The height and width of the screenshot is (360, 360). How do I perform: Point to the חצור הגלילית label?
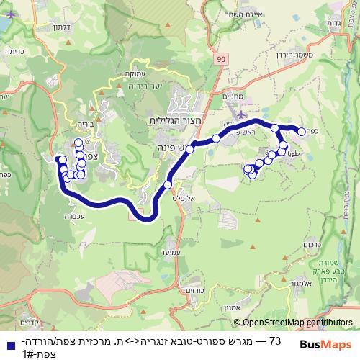click(174, 120)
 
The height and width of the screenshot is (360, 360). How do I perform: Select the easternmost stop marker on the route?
click(302, 131)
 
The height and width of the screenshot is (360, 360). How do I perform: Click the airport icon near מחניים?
click(239, 110)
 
